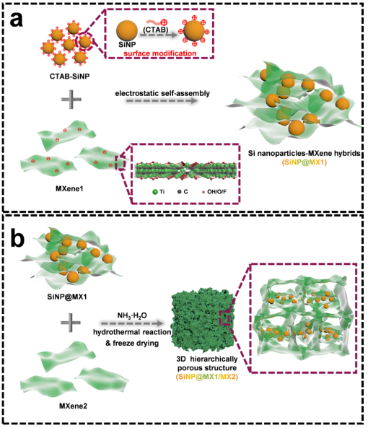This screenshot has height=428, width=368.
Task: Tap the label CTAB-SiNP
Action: (x=69, y=77)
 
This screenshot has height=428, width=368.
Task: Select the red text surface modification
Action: (x=160, y=53)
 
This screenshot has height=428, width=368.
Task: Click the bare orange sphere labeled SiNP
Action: (x=127, y=30)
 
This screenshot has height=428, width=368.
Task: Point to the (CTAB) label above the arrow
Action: (x=155, y=30)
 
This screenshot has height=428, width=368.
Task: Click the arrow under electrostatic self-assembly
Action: (x=161, y=101)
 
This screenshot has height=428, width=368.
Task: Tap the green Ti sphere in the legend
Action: (x=155, y=192)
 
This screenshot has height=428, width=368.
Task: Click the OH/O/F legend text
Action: (x=216, y=191)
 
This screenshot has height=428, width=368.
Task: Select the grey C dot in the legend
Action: (x=179, y=192)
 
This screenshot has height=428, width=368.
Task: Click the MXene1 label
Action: (x=69, y=188)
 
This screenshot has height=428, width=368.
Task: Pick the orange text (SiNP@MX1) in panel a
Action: (x=304, y=162)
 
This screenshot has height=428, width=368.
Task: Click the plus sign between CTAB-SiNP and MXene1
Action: (x=71, y=100)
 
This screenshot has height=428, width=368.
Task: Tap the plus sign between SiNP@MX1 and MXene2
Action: (x=71, y=323)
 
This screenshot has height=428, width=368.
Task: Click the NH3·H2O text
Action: (x=132, y=316)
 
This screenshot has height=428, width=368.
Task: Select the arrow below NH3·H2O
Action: (x=132, y=324)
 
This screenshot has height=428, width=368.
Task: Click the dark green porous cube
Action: (x=201, y=320)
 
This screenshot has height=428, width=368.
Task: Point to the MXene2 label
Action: (x=73, y=406)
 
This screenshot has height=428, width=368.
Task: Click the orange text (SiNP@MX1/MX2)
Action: (x=207, y=377)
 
